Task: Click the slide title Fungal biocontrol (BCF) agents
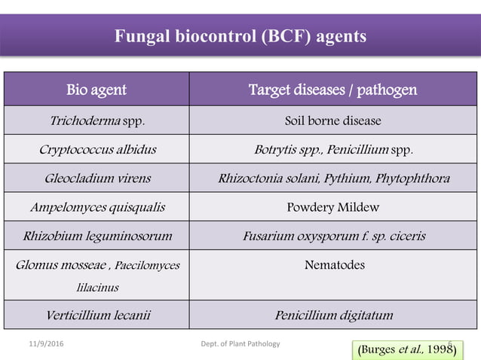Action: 240,35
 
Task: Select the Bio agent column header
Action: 97,90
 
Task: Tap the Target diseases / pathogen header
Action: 332,90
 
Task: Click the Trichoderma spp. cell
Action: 97,121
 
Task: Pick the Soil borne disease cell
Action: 332,121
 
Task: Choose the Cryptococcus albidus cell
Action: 97,149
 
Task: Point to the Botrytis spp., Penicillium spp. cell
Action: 332,149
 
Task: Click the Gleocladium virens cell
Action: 97,178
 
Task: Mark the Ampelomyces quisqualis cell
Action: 97,207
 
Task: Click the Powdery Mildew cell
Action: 332,207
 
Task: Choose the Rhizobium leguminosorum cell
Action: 97,236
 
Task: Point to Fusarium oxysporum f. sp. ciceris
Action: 332,236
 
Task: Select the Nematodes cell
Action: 332,265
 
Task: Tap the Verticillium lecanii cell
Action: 97,316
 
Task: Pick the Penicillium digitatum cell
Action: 332,316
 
